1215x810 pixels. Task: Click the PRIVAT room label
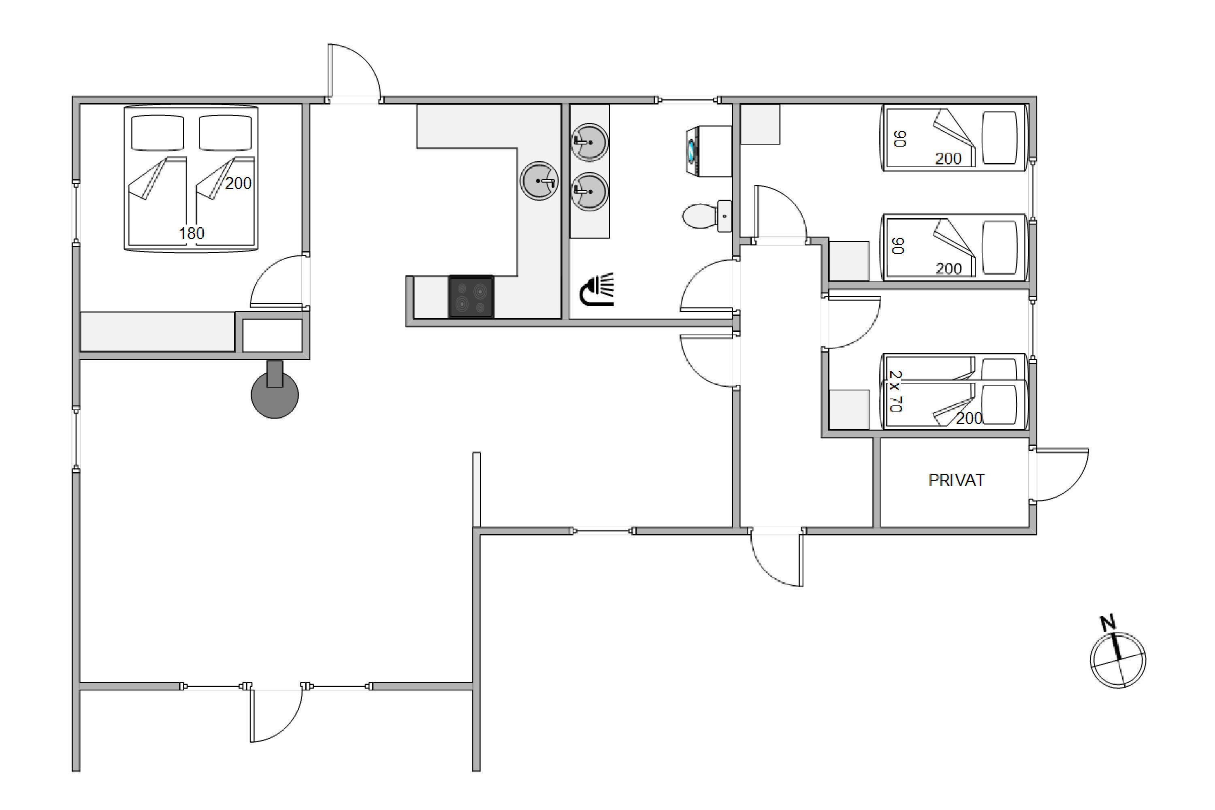pyautogui.click(x=956, y=480)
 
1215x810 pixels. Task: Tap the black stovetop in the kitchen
pyautogui.click(x=471, y=296)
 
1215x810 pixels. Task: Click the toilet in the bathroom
pyautogui.click(x=706, y=216)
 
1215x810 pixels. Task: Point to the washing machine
pyautogui.click(x=707, y=152)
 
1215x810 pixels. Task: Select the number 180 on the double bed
pyautogui.click(x=192, y=234)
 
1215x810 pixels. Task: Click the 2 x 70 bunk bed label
pyautogui.click(x=896, y=391)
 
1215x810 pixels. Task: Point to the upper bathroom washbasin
pyautogui.click(x=589, y=141)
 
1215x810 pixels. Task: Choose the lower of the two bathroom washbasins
pyautogui.click(x=589, y=191)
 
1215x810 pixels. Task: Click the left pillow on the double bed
pyautogui.click(x=158, y=133)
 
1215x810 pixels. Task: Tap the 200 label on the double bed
pyautogui.click(x=238, y=183)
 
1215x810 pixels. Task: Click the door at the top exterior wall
pyautogui.click(x=354, y=73)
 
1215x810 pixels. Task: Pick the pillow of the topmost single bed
pyautogui.click(x=1000, y=137)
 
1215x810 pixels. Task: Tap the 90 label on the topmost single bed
pyautogui.click(x=900, y=139)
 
